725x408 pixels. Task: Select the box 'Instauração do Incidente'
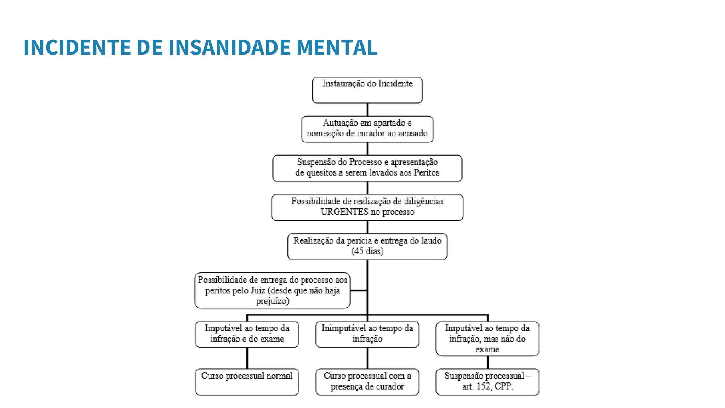[x=367, y=90]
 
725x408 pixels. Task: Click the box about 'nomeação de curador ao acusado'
[x=367, y=129]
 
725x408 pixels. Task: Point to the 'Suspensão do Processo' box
[x=367, y=168]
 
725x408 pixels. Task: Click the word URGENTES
[x=344, y=212]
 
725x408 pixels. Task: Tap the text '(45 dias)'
[x=367, y=251]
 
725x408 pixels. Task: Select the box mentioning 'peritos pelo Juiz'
[x=272, y=290]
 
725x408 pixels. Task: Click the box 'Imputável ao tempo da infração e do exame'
[x=247, y=334]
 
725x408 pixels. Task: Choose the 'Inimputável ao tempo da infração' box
[x=367, y=334]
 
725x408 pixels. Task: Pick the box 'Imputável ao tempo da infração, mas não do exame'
[x=487, y=338]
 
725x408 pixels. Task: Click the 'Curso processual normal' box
[x=247, y=381]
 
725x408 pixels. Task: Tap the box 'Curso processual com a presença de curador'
[x=367, y=381]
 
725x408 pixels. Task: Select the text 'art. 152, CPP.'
[x=487, y=386]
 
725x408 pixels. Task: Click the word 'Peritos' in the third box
[x=426, y=173]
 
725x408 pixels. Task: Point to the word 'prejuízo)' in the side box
[x=272, y=301]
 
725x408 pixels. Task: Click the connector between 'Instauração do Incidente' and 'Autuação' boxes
[x=367, y=109]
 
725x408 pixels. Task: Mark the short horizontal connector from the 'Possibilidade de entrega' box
[x=359, y=290]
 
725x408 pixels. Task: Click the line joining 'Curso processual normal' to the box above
[x=247, y=358]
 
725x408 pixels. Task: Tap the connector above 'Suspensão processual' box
[x=487, y=362]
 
